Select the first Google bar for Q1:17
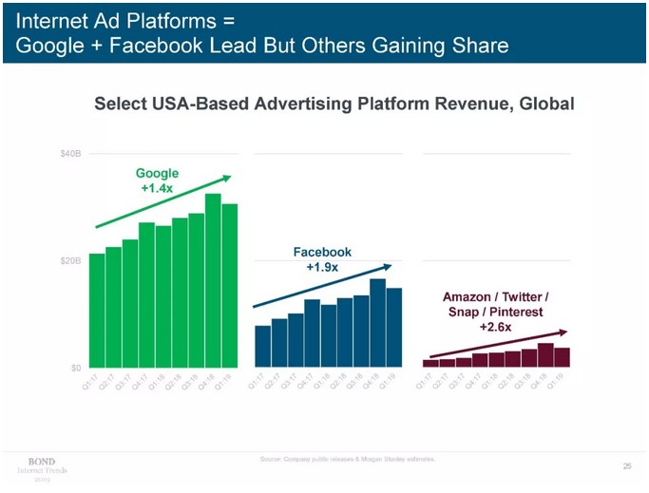[x=97, y=310]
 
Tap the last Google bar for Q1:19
[x=230, y=285]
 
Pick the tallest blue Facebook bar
[x=378, y=322]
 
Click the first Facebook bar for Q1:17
[x=262, y=346]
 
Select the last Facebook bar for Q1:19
[x=394, y=327]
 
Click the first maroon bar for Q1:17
[x=430, y=363]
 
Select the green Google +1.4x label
[x=157, y=180]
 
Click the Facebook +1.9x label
[x=322, y=259]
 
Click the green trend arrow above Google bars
[x=162, y=202]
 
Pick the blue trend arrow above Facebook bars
[x=321, y=286]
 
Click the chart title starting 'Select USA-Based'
[x=334, y=103]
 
